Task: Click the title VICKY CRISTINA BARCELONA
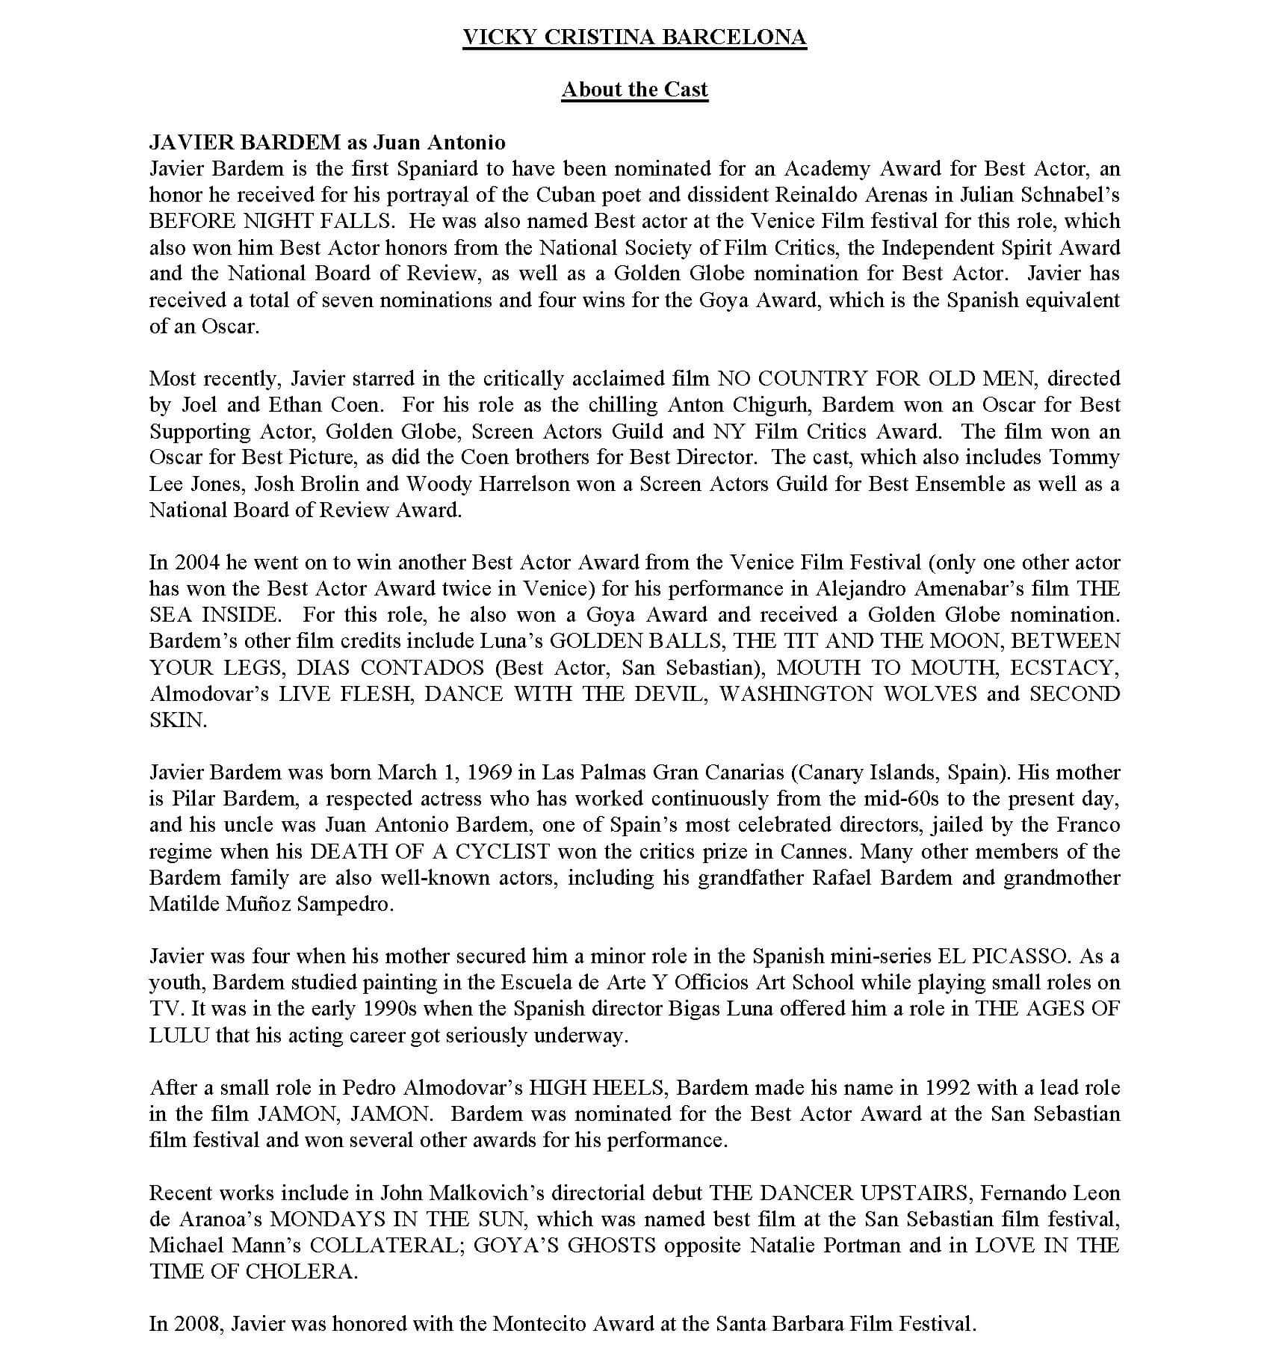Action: pyautogui.click(x=634, y=37)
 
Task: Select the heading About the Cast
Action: pyautogui.click(x=634, y=90)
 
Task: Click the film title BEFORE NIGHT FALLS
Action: pyautogui.click(x=270, y=221)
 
